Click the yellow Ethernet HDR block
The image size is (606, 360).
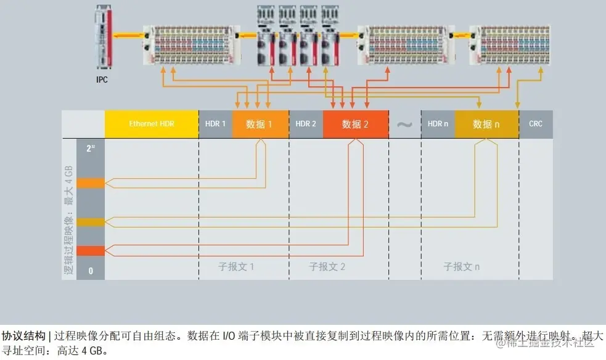pyautogui.click(x=152, y=124)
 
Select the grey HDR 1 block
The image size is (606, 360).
pyautogui.click(x=215, y=124)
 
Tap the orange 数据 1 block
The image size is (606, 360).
pyautogui.click(x=260, y=124)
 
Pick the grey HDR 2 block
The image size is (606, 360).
pyautogui.click(x=306, y=124)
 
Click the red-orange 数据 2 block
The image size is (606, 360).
pyautogui.click(x=355, y=124)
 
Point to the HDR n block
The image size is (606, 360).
pyautogui.click(x=438, y=124)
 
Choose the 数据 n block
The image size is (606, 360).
pyautogui.click(x=486, y=124)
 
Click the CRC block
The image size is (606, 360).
pyautogui.click(x=536, y=124)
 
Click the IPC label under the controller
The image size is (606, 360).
pyautogui.click(x=102, y=80)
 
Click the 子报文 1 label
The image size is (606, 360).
pyautogui.click(x=236, y=267)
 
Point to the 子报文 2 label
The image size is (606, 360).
pyautogui.click(x=327, y=267)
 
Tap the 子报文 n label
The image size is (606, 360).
pyautogui.click(x=462, y=267)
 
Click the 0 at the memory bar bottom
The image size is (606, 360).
pyautogui.click(x=91, y=270)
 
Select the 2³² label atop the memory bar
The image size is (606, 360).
pyautogui.click(x=91, y=149)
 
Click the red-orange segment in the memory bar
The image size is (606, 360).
pyautogui.click(x=91, y=250)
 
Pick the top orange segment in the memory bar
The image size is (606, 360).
pyautogui.click(x=91, y=183)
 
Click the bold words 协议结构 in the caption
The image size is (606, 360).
pyautogui.click(x=23, y=336)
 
